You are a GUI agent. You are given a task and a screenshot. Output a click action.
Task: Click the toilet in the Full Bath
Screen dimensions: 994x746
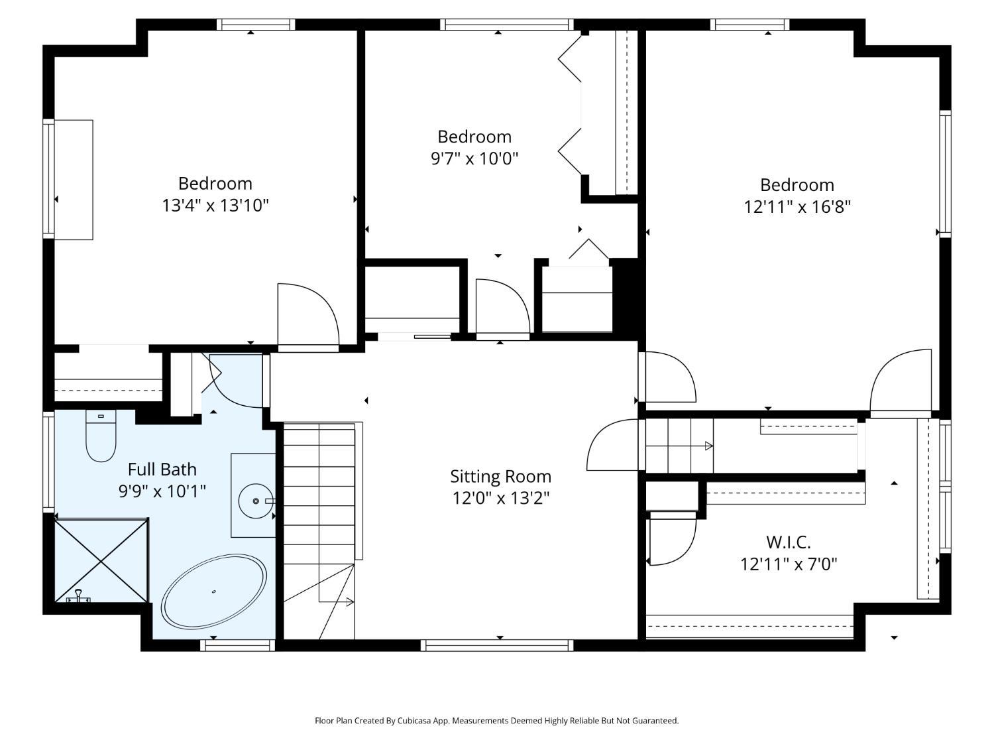pos(101,436)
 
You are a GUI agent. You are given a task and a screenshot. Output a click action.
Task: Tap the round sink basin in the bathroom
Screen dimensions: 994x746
pos(256,501)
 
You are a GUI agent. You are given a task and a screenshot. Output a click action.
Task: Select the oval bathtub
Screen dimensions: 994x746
pos(214,591)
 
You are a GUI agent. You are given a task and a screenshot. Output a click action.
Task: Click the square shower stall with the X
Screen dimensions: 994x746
pos(101,560)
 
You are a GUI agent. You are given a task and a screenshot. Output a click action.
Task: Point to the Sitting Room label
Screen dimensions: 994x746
pos(500,477)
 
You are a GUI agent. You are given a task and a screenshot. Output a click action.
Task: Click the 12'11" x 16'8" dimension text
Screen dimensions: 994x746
pos(797,207)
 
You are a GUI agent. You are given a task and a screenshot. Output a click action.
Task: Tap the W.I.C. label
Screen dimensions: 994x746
pos(788,542)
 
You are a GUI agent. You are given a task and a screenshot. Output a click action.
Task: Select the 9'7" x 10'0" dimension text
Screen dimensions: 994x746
pos(474,158)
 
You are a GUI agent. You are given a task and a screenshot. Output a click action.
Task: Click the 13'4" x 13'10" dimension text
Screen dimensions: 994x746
pos(215,206)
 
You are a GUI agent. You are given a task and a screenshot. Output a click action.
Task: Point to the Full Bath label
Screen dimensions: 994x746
pos(162,469)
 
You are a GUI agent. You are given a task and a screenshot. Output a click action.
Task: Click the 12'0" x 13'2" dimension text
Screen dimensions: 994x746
pos(500,498)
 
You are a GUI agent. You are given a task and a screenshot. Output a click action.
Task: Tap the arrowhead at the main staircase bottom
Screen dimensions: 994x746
pos(350,602)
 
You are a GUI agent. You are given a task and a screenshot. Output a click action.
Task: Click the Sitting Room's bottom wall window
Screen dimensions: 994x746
pos(497,645)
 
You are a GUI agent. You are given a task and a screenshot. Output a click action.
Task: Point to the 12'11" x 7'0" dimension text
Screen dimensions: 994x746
pos(789,564)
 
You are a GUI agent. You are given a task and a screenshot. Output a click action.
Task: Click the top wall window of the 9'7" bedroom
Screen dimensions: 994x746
pos(507,25)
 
